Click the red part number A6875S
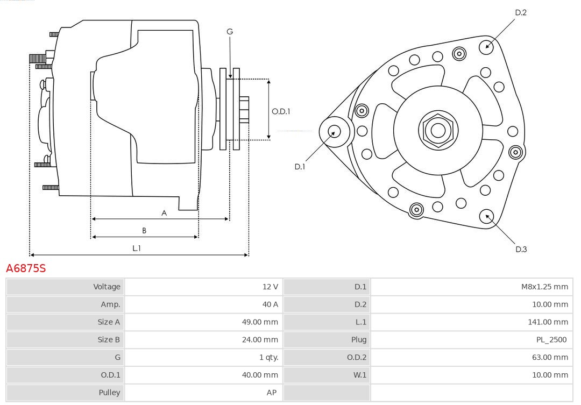26,268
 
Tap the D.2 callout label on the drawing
520,12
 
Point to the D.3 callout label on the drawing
521,249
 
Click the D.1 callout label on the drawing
300,167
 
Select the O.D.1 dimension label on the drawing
281,111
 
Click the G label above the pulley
230,32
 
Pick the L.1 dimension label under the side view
137,248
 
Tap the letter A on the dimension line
164,213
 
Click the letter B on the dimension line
144,231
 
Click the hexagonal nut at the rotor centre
438,130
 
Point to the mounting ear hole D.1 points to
334,131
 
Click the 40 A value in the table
270,304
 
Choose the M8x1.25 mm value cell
544,287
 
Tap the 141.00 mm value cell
548,322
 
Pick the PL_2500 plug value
551,339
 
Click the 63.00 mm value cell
549,357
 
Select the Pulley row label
109,393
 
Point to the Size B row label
109,339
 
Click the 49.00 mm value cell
260,322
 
